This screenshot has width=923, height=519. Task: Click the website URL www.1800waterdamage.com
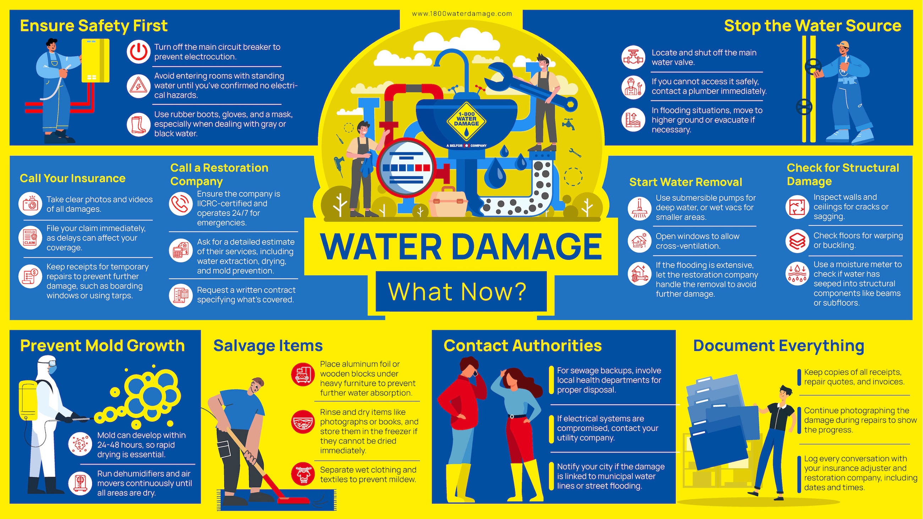tap(461, 14)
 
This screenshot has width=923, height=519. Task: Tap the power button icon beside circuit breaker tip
tap(138, 52)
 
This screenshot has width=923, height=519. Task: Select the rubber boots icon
tap(138, 125)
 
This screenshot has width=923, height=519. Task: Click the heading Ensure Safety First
tap(93, 26)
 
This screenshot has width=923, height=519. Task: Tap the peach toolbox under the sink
tap(448, 202)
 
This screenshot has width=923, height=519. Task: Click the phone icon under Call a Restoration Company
tap(181, 204)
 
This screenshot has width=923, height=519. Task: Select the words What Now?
tap(457, 292)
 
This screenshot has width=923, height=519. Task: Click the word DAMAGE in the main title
tap(527, 247)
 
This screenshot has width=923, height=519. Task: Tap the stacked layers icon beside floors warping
tap(797, 241)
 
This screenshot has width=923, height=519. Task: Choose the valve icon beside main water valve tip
tap(633, 57)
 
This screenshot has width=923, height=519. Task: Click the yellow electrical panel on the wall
tap(95, 61)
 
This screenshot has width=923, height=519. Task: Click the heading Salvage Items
tap(268, 346)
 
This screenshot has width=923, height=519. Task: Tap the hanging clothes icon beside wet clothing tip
tap(303, 474)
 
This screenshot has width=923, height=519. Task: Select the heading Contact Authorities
tap(523, 346)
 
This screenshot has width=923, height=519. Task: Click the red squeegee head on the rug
tap(294, 500)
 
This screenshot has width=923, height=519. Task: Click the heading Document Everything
tap(778, 346)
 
